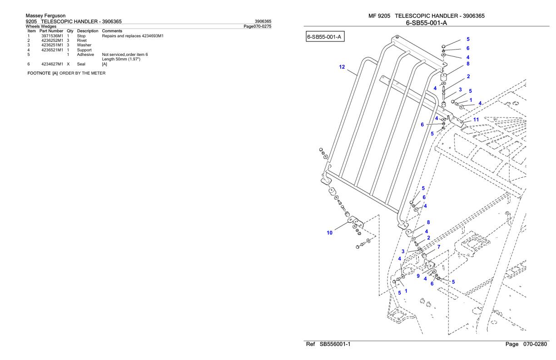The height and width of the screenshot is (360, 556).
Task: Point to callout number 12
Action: coord(342,67)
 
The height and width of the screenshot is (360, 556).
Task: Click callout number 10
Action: coord(330,233)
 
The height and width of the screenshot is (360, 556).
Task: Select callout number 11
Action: coord(476,120)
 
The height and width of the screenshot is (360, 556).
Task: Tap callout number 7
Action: coord(438,246)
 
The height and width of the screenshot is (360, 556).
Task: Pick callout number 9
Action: coord(418,275)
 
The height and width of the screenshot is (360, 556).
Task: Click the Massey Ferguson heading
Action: coord(45,16)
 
